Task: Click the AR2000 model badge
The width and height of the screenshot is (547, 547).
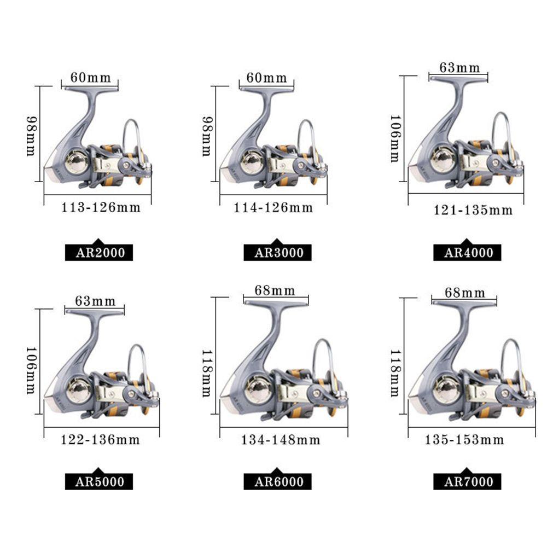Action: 99,252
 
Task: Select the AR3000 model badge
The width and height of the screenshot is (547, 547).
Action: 278,252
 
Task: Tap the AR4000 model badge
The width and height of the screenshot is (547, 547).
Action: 468,252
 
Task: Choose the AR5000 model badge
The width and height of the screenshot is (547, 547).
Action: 99,481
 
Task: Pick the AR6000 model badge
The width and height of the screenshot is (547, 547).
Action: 278,481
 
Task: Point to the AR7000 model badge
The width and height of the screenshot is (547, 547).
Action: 468,481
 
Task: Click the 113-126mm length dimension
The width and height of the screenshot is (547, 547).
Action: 100,207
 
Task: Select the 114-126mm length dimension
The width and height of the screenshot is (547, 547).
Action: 273,207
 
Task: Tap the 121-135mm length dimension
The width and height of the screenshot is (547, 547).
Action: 473,210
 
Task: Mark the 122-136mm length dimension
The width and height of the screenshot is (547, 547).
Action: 100,440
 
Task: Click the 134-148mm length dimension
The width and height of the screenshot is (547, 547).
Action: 280,440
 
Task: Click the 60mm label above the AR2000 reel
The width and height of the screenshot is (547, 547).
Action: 90,78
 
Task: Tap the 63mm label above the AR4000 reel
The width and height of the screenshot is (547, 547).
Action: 460,68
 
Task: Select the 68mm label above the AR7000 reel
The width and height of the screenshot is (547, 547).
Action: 465,293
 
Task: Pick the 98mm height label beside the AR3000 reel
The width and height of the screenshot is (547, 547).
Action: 207,136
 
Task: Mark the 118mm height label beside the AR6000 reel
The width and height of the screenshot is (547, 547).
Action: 207,374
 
